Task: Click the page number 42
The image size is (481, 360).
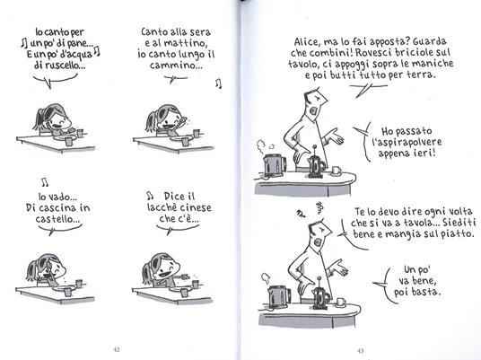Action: click(117, 349)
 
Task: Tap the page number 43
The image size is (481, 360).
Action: click(361, 350)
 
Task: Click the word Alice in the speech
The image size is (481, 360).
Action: click(305, 42)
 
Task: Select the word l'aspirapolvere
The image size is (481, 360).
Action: click(407, 142)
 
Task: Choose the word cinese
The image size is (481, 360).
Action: click(196, 207)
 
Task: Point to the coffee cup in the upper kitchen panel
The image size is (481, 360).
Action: click(337, 171)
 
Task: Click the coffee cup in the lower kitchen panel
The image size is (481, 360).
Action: click(341, 302)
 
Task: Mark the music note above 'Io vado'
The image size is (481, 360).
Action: click(45, 182)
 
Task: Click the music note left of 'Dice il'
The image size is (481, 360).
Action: click(150, 195)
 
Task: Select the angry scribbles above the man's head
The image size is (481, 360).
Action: click(310, 209)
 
